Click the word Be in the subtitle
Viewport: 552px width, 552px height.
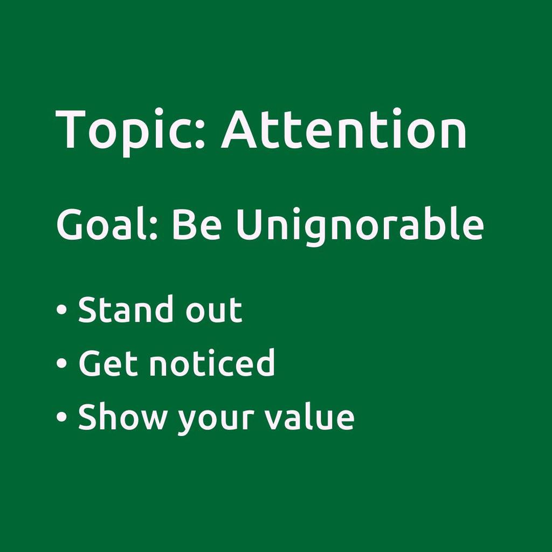[x=196, y=224]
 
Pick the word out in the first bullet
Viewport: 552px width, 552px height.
[x=214, y=310]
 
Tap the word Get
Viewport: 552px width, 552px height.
[x=108, y=363]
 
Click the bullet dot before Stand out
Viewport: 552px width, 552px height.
[x=61, y=309]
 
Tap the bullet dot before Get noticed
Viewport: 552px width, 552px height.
[x=61, y=363]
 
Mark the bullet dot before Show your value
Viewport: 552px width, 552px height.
[x=61, y=416]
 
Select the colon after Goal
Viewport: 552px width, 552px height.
[x=153, y=229]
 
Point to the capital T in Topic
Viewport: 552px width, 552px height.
[x=71, y=129]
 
